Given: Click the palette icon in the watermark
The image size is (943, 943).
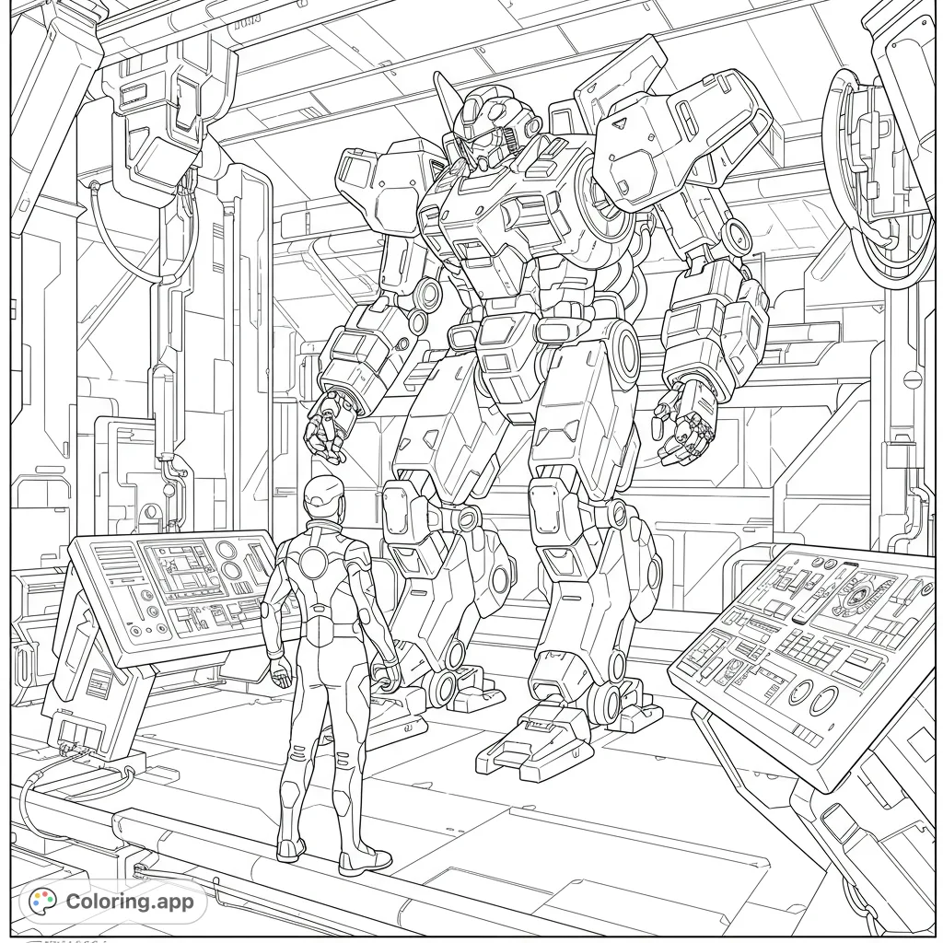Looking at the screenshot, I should (x=42, y=902).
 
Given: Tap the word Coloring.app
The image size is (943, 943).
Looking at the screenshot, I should (x=130, y=902).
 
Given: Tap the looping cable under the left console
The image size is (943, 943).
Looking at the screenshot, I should (x=55, y=787).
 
